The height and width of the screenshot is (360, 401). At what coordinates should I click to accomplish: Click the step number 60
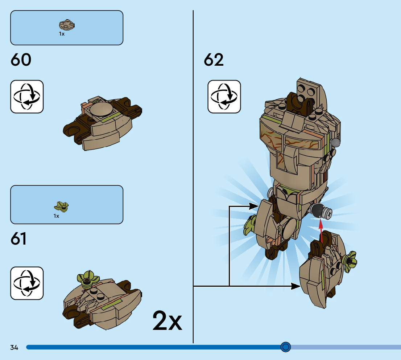click(21, 60)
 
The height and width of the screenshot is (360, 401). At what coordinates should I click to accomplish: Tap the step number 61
click(19, 239)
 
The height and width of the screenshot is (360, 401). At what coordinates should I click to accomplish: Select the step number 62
click(214, 60)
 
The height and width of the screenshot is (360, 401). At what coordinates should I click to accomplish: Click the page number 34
click(14, 348)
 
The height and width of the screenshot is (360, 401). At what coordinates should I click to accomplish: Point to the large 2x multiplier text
click(167, 320)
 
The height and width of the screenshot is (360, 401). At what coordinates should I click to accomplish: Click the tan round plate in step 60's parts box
click(66, 25)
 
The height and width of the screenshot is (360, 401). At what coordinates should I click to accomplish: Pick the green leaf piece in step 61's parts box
click(62, 207)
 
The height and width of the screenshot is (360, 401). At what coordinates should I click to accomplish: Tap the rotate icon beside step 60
click(27, 97)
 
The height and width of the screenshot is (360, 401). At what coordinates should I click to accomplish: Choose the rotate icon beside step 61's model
click(27, 283)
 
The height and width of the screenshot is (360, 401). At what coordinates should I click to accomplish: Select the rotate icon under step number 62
click(224, 97)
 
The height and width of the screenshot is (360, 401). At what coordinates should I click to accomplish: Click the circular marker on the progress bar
click(286, 347)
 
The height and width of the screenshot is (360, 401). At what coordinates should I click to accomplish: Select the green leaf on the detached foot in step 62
click(349, 261)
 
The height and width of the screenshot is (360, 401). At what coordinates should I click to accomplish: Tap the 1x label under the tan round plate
click(62, 34)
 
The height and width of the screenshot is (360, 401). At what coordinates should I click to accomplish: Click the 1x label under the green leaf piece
click(56, 216)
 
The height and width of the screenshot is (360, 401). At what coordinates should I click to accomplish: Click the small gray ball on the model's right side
click(336, 142)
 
